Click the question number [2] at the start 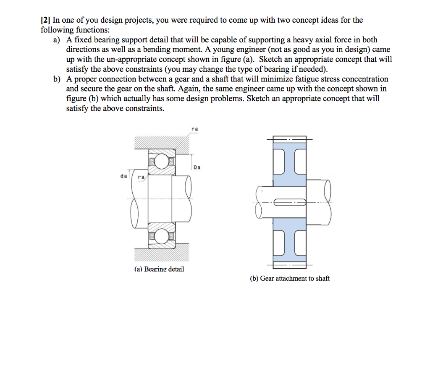tap(45, 20)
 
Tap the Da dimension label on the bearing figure tap(197, 167)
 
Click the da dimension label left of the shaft tap(124, 176)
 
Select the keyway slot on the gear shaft tap(289, 203)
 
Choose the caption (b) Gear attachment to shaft tap(290, 278)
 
